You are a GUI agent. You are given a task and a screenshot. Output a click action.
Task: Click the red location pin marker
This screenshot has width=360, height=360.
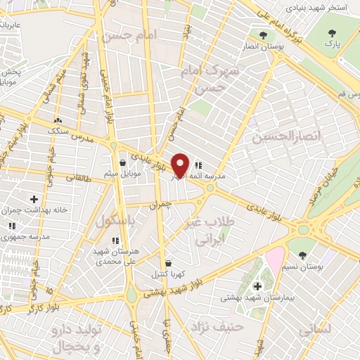click(x=181, y=165)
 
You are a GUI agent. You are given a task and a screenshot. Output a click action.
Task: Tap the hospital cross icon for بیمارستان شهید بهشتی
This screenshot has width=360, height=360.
click(x=257, y=286)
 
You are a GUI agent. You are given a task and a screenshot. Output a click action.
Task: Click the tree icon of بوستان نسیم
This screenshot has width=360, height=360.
click(x=302, y=255)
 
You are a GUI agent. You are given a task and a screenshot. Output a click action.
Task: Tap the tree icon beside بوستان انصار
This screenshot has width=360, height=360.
click(x=263, y=34)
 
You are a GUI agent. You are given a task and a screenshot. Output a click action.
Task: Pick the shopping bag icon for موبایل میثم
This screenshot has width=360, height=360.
click(x=123, y=163)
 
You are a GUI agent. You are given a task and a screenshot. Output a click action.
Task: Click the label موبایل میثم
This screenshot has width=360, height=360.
click(x=126, y=173)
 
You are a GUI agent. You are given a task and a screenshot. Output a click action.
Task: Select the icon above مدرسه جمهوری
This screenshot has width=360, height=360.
click(x=13, y=226)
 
